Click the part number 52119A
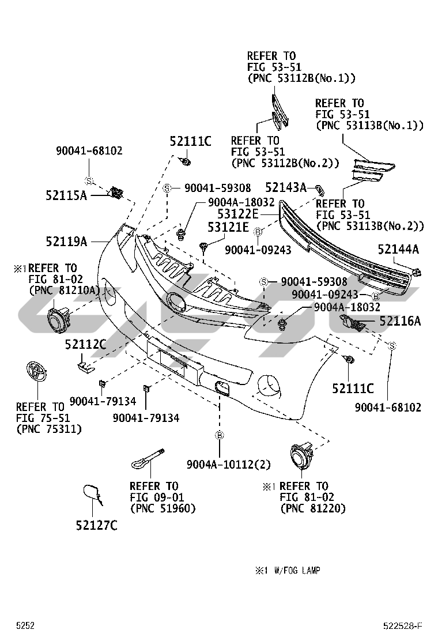66,242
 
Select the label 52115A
66,195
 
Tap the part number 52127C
96,525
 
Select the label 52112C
85,345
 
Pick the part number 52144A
398,249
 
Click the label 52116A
400,321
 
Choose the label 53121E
228,228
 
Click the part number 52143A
286,187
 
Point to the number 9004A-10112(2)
229,465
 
